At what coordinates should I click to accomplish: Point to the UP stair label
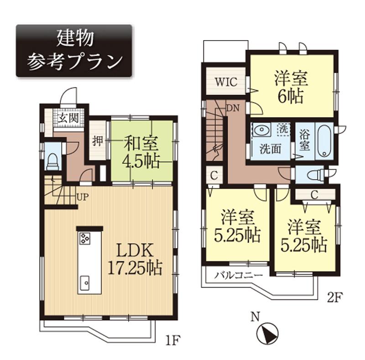coord(83,197)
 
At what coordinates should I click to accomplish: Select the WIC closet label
coord(225,82)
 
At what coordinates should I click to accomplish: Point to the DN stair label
coord(231,108)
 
